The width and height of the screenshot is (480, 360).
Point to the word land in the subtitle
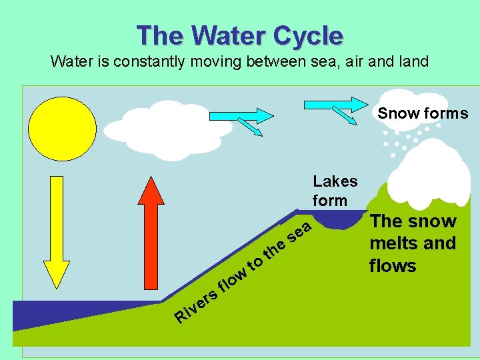(414, 62)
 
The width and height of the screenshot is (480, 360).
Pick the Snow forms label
(423, 113)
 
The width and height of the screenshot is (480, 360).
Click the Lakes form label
(335, 191)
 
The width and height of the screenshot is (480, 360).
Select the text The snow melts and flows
(413, 243)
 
